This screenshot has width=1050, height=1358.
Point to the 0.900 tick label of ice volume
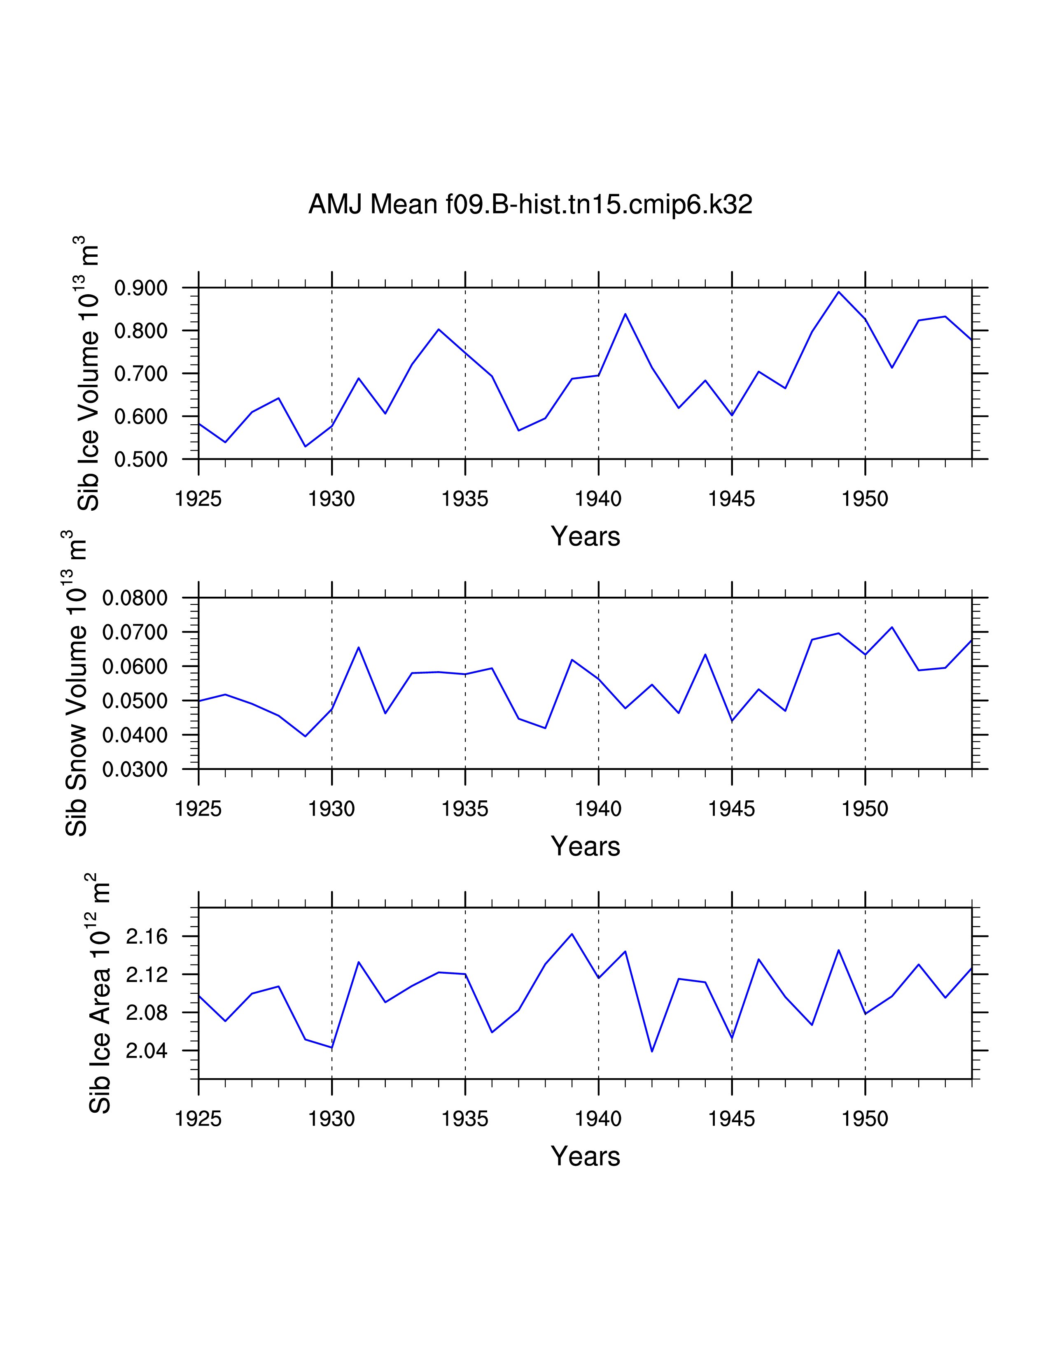tap(141, 288)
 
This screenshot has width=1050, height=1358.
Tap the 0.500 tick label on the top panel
tap(141, 460)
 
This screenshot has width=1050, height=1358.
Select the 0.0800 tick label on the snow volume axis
tap(135, 598)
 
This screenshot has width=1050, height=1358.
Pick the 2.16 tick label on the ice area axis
tap(147, 937)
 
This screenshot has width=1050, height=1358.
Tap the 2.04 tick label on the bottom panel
tap(147, 1051)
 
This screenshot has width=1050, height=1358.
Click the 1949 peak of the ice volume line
tap(838, 292)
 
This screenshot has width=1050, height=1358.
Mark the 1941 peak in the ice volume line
tap(625, 314)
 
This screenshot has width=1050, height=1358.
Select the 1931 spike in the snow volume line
tap(358, 647)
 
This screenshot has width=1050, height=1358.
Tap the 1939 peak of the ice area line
tap(572, 934)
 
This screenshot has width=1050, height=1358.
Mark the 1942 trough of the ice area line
tap(652, 1051)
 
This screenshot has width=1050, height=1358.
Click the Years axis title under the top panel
tap(586, 536)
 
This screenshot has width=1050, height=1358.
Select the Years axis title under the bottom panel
tap(586, 1156)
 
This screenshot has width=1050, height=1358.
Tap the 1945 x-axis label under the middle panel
tap(732, 809)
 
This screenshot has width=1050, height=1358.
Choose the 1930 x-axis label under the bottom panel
tap(331, 1118)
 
